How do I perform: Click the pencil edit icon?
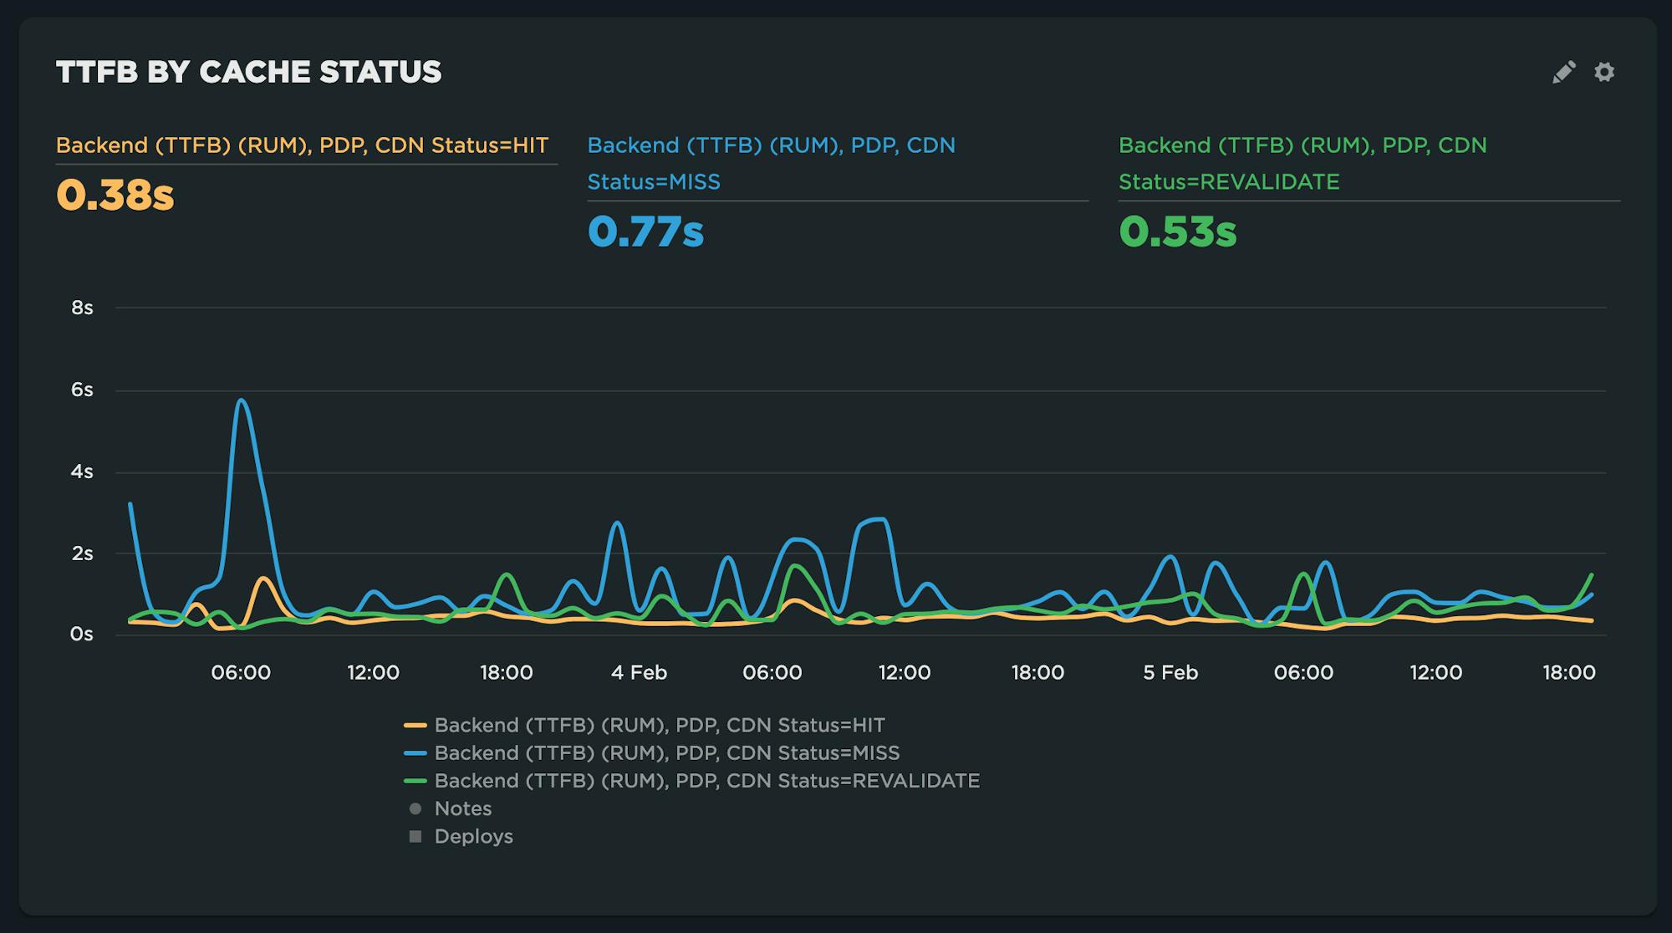[1563, 72]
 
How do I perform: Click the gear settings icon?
[1603, 72]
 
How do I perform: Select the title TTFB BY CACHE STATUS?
[248, 72]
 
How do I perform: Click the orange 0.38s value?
[115, 195]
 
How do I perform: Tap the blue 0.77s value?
[645, 232]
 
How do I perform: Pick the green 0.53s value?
[1177, 232]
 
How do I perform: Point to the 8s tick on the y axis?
[82, 308]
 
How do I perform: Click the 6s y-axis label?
[82, 390]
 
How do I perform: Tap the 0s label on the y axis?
[82, 635]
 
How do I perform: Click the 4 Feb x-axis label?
[639, 672]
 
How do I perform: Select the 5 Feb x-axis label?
[1170, 672]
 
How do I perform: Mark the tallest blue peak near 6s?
[242, 400]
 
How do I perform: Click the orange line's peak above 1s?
[263, 578]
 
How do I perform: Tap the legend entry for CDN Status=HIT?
[659, 726]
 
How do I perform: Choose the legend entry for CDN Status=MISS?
[666, 753]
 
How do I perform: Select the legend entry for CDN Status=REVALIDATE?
[706, 781]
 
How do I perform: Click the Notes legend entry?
[462, 808]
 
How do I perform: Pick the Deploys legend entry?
[473, 836]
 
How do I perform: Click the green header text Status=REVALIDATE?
[1229, 181]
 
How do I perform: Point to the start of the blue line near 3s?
[130, 504]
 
